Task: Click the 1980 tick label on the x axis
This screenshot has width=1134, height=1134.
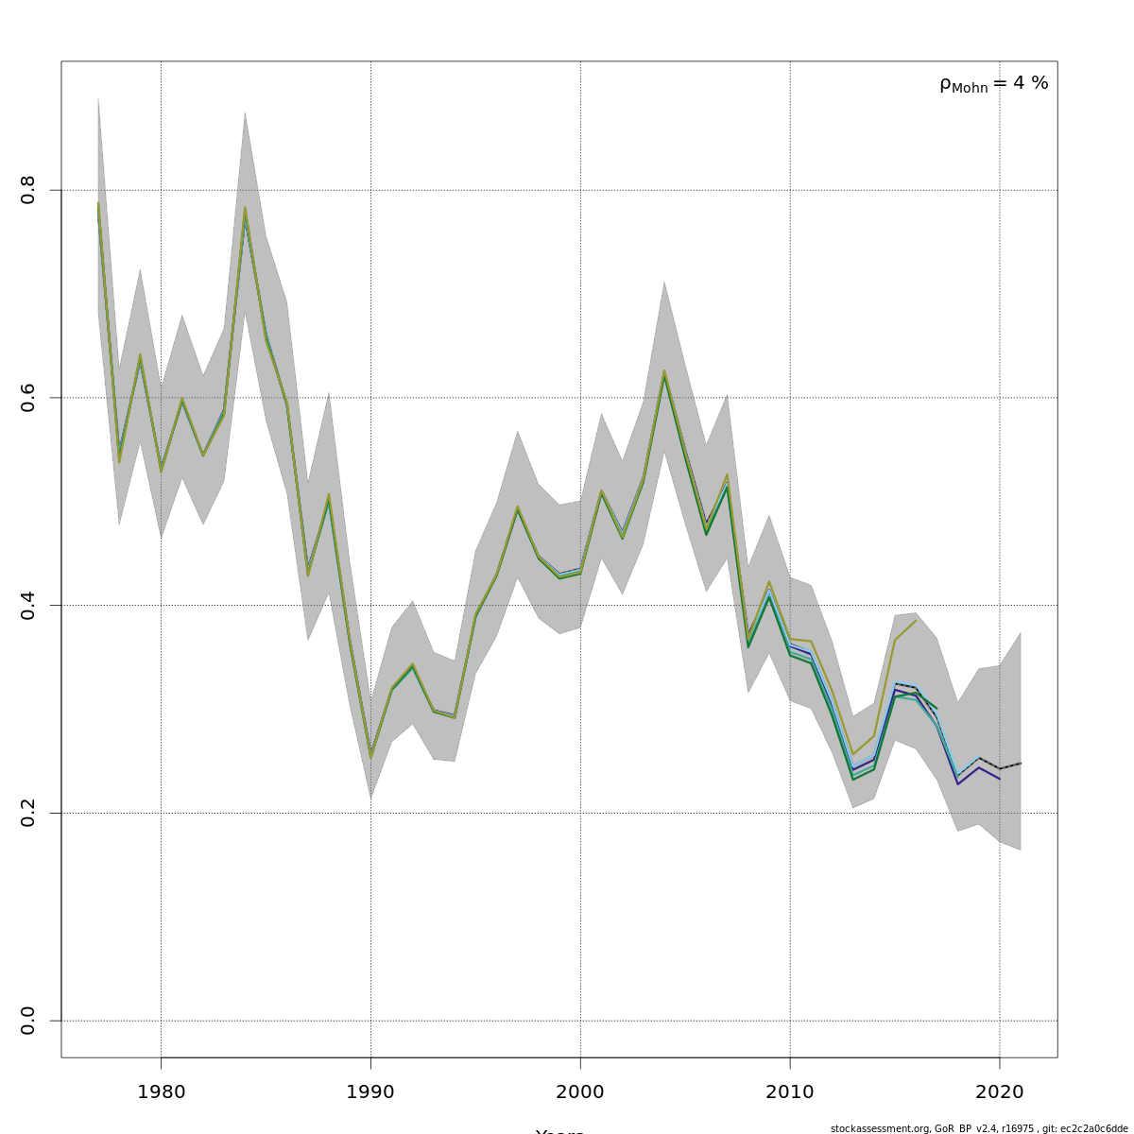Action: tap(161, 1092)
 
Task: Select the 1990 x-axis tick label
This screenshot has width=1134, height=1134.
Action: tap(370, 1092)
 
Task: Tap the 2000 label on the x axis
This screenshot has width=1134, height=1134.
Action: tap(580, 1092)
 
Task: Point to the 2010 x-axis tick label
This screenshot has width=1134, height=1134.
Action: tap(790, 1092)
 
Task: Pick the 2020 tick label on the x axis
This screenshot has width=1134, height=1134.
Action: tap(1000, 1092)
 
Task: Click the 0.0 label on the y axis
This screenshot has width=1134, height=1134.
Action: tap(28, 1021)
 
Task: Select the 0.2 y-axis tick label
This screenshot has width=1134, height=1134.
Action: tap(28, 813)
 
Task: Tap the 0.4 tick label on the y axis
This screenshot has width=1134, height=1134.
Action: tap(28, 605)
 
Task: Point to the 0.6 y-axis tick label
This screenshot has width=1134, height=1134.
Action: tap(28, 398)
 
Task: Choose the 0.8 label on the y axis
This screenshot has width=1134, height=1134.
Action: tap(28, 190)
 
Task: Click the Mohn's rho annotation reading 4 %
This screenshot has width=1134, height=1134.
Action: tap(993, 84)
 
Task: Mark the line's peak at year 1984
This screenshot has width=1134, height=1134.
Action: tap(245, 210)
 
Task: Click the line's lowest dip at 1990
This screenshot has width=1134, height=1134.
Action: tap(370, 756)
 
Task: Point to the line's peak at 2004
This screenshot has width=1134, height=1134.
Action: tap(664, 374)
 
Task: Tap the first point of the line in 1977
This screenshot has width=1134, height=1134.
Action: tap(98, 205)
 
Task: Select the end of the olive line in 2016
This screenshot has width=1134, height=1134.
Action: tap(916, 620)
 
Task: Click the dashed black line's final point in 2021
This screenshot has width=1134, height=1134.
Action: tap(1021, 763)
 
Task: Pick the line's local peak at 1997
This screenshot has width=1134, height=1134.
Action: tap(518, 508)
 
